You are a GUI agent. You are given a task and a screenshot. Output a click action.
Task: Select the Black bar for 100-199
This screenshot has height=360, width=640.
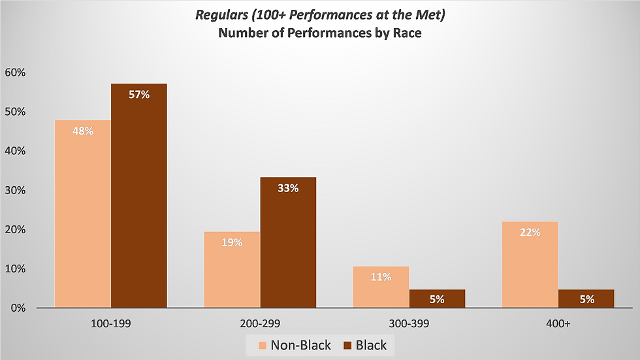point(139,195)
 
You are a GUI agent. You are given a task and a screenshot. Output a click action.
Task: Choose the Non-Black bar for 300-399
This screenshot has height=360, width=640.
point(381,287)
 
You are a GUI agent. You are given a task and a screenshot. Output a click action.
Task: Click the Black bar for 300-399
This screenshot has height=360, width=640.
point(437,299)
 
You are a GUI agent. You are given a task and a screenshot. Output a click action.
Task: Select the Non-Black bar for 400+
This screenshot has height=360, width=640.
point(530,265)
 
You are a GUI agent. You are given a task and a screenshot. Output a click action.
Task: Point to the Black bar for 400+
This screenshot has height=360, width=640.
point(586,299)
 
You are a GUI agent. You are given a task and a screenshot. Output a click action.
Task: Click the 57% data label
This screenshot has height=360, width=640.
point(139,95)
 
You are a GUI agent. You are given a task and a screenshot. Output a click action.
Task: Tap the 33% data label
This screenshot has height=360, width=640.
point(288,188)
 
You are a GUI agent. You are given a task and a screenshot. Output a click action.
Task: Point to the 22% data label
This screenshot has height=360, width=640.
point(530,232)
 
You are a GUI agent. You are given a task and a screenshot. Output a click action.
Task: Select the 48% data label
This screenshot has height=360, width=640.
point(83,131)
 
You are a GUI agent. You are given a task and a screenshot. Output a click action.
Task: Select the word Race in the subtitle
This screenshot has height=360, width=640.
point(407,33)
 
